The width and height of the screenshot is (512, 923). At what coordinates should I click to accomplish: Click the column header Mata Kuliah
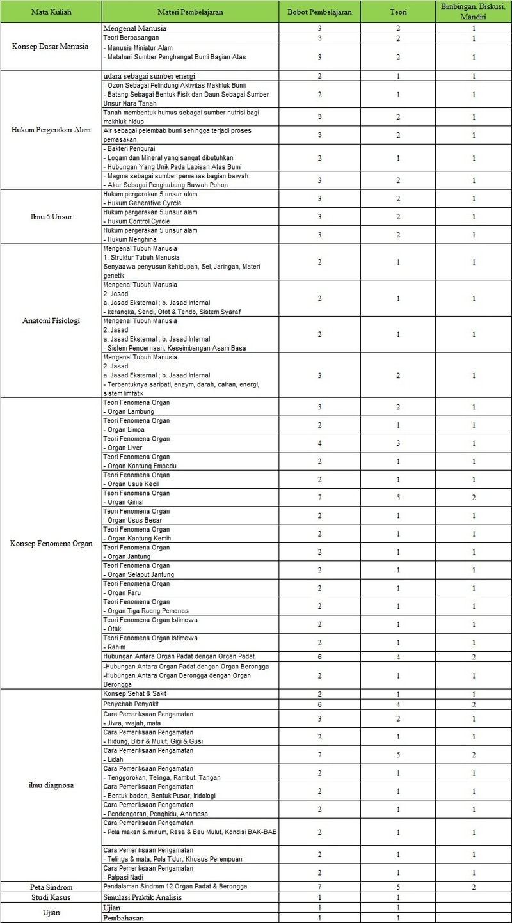click(51, 12)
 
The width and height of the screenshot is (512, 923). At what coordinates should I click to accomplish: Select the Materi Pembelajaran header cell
click(189, 12)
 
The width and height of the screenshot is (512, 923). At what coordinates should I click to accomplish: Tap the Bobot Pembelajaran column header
click(319, 12)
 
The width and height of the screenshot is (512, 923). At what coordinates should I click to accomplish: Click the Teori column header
click(398, 12)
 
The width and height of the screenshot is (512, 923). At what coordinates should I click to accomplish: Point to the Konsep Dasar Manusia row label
click(51, 47)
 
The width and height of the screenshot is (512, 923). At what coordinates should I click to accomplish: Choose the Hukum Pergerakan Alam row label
click(51, 130)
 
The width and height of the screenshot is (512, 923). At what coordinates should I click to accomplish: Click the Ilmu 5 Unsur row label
click(51, 216)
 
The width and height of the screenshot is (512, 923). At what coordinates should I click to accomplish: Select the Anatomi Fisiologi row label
click(51, 320)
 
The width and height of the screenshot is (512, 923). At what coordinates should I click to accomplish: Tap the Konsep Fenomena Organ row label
click(51, 544)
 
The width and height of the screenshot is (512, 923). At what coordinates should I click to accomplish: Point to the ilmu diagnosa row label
click(51, 785)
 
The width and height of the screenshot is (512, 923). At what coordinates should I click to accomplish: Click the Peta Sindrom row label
click(51, 887)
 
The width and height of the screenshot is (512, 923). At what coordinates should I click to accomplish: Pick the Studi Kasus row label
click(51, 897)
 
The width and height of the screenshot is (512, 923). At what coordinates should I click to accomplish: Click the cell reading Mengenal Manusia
click(135, 29)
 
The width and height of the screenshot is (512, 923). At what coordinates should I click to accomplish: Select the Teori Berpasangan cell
click(134, 38)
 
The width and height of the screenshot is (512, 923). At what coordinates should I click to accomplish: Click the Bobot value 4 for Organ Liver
click(319, 443)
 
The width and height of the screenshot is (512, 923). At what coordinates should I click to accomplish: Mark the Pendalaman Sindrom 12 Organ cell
click(175, 887)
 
